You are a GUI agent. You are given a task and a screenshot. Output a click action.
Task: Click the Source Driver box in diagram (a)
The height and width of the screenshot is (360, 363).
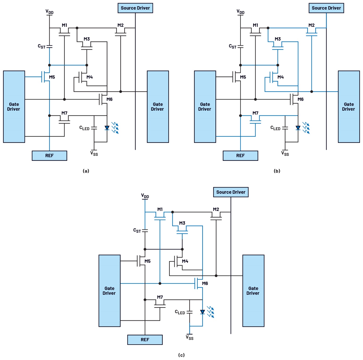(135, 8)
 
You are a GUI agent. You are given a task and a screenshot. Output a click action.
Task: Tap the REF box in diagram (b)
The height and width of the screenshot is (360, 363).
(240, 156)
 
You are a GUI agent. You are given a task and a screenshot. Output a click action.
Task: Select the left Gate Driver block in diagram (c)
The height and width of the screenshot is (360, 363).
(109, 291)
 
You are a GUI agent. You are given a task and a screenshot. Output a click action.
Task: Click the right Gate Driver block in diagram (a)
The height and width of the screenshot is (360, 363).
(158, 107)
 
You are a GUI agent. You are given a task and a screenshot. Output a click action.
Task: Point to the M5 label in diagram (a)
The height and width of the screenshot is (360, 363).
(52, 77)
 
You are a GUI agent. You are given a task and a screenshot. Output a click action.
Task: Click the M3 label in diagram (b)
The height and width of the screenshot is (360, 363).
(278, 39)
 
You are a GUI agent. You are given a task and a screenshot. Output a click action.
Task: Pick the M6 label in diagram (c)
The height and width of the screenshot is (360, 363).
(205, 283)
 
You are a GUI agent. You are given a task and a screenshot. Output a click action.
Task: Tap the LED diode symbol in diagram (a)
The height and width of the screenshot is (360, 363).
(107, 128)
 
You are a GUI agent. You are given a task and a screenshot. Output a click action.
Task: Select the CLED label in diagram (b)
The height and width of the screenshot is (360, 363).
(275, 128)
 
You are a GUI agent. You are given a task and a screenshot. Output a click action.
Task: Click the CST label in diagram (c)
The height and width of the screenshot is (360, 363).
(137, 231)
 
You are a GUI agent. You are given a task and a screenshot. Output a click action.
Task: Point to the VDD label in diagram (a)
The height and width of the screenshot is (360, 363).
(49, 12)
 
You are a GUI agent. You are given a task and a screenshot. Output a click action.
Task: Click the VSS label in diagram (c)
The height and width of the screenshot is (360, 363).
(190, 338)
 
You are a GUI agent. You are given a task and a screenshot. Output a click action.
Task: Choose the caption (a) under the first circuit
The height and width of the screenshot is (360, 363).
(86, 171)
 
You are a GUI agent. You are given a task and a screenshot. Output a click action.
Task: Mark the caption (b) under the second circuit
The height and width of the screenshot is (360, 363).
(277, 171)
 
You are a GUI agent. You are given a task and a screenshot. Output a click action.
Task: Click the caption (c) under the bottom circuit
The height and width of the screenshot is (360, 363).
(181, 355)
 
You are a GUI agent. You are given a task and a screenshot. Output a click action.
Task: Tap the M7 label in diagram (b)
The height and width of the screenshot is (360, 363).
(255, 113)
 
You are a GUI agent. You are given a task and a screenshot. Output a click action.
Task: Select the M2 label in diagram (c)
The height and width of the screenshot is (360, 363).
(216, 209)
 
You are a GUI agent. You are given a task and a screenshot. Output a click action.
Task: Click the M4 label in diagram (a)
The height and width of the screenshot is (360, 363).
(90, 77)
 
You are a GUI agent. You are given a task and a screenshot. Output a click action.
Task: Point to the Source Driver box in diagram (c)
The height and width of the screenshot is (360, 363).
(231, 192)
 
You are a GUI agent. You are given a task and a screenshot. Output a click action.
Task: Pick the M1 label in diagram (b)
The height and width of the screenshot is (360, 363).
(255, 25)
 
